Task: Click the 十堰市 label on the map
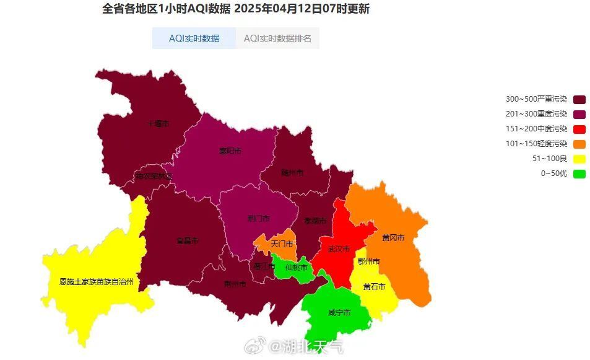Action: (158, 124)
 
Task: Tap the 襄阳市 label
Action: (230, 151)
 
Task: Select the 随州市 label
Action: (292, 172)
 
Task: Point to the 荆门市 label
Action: (258, 219)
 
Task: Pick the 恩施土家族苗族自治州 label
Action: (96, 281)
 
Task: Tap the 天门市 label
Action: (281, 244)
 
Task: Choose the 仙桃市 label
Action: (296, 268)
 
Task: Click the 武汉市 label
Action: (339, 249)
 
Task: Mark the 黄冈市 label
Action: (393, 238)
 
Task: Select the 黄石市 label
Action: (375, 287)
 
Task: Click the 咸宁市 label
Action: (339, 313)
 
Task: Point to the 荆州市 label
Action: (235, 284)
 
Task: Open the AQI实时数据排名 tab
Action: (277, 38)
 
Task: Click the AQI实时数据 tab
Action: (194, 38)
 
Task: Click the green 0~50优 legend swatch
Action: (579, 173)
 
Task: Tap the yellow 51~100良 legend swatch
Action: (579, 159)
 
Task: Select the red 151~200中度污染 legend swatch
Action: (579, 129)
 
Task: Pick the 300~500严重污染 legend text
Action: (536, 99)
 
